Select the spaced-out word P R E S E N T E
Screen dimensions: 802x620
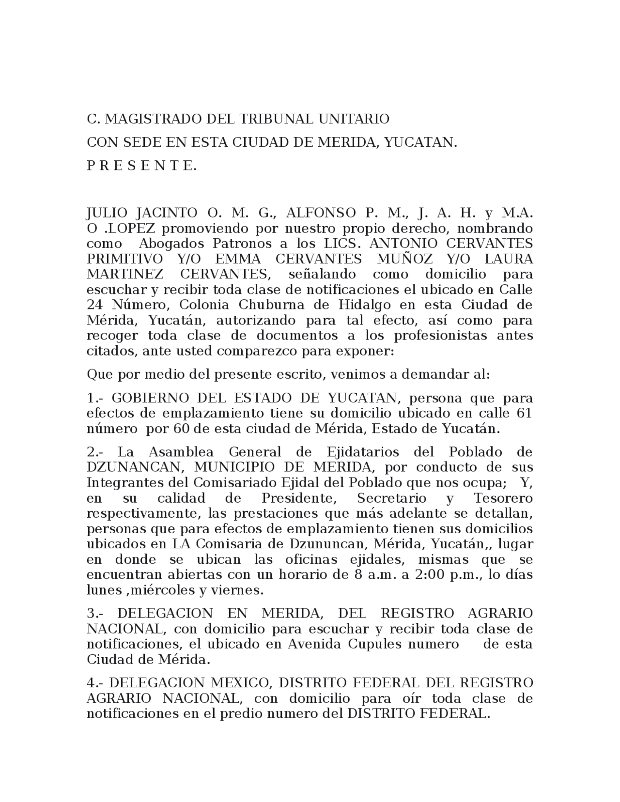tap(141, 166)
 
